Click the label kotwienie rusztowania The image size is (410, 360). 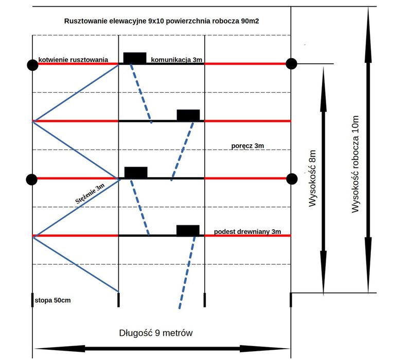73,60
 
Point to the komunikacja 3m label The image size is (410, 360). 177,60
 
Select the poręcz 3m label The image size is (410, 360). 247,146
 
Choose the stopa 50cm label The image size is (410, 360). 52,299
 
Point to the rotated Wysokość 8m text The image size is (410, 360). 311,178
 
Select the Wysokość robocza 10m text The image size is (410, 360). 354,164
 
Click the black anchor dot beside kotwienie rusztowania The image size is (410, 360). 32,64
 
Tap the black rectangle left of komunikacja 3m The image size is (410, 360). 134,58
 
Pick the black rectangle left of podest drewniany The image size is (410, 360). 188,230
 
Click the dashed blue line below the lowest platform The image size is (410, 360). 186,273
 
